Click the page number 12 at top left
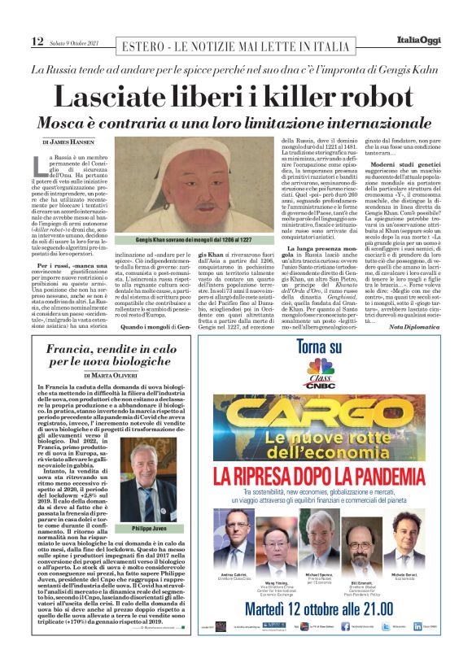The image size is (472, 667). pyautogui.click(x=37, y=41)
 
